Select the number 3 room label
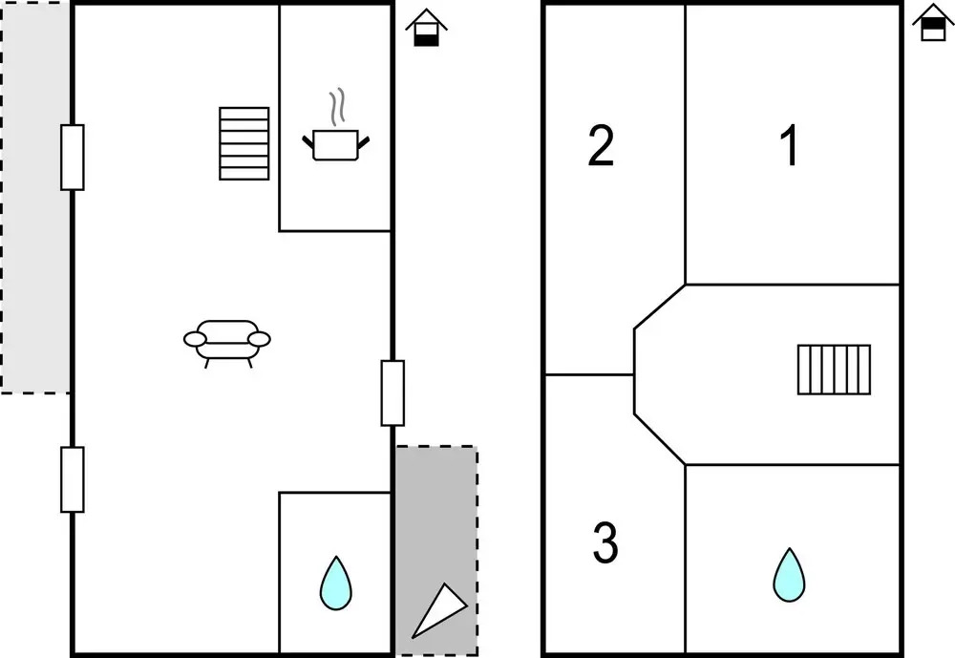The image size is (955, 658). point(605,543)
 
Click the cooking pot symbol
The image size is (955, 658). point(335,144)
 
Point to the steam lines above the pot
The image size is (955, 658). point(335,108)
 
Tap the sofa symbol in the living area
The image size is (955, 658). point(227,339)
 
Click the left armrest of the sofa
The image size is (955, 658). point(194,338)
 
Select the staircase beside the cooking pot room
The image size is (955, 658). point(244,143)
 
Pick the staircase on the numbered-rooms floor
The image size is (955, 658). point(835,370)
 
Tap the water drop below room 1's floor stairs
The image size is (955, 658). point(789,575)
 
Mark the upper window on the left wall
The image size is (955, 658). point(73,157)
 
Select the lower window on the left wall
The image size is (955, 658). point(73,479)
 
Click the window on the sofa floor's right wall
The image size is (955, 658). point(393,393)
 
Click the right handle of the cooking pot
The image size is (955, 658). point(364,142)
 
